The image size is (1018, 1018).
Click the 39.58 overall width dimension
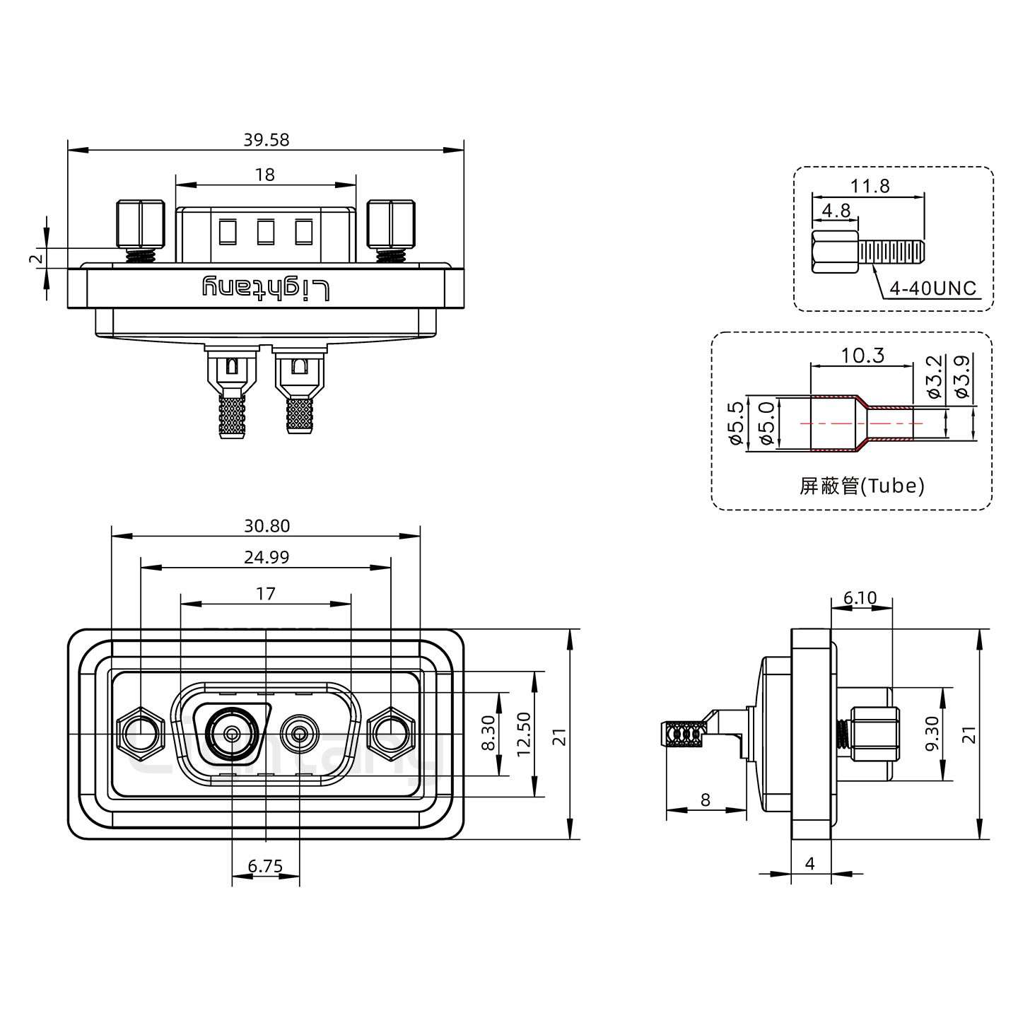point(266,139)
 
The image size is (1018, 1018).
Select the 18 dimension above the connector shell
point(265,174)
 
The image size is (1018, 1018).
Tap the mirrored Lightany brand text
point(266,288)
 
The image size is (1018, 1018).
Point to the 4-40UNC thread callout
point(933,288)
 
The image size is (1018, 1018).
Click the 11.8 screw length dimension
point(870,186)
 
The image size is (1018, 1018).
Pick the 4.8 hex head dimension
point(836,211)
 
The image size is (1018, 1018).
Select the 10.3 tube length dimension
point(862,355)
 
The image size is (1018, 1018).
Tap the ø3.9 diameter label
point(961,377)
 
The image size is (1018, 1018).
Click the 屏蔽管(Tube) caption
point(862,486)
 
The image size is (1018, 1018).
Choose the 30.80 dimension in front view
point(267,526)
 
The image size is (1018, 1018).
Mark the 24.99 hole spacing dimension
point(267,557)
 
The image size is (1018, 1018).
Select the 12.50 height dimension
point(524,734)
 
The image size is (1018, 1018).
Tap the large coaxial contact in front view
point(230,734)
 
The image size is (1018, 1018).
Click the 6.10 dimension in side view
point(860,598)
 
